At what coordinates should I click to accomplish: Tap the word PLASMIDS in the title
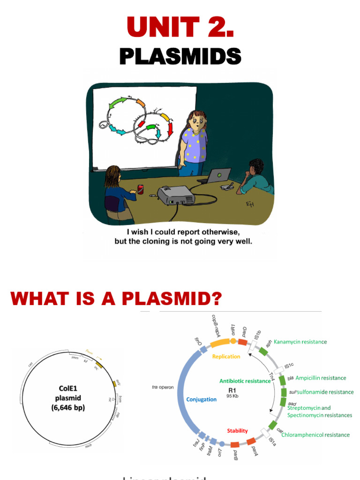180,57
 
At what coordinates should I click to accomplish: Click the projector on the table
174,195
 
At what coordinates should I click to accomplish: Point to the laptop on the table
217,176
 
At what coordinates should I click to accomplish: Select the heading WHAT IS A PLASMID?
116,298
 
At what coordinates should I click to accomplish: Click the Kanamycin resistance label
300,342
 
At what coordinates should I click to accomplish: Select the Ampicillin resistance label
321,378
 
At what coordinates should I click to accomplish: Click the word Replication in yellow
226,356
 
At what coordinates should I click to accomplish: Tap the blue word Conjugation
201,399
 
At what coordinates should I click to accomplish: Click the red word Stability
237,431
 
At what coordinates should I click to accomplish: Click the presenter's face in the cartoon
197,123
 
